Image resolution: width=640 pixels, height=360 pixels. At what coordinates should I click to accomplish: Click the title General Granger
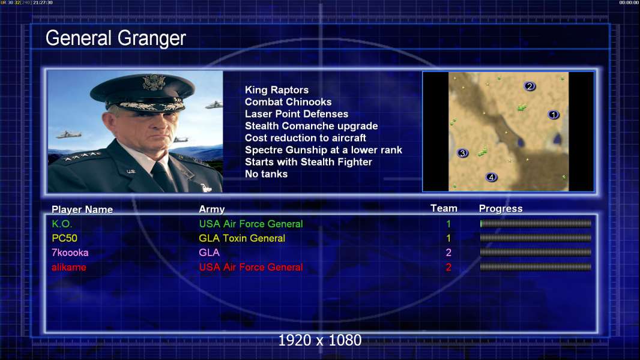pyautogui.click(x=115, y=38)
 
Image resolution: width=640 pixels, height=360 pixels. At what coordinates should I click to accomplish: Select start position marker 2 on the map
pyautogui.click(x=530, y=86)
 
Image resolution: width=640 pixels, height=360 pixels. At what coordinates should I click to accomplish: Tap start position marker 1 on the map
pyautogui.click(x=553, y=115)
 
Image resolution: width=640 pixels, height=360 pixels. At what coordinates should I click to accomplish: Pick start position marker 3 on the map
pyautogui.click(x=462, y=153)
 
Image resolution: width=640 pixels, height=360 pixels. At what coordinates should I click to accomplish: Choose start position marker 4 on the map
pyautogui.click(x=491, y=177)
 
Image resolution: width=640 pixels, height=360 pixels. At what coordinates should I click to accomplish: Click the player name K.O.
pyautogui.click(x=62, y=224)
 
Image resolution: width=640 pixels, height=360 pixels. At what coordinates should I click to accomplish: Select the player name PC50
pyautogui.click(x=64, y=238)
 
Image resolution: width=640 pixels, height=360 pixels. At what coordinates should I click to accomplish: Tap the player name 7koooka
pyautogui.click(x=70, y=253)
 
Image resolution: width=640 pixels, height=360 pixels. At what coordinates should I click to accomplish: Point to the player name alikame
pyautogui.click(x=68, y=268)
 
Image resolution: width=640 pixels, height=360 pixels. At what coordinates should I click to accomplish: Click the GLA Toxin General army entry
pyautogui.click(x=241, y=238)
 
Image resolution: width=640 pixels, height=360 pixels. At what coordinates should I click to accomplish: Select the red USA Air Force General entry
pyautogui.click(x=250, y=268)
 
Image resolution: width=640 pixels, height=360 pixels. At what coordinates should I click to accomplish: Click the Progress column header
pyautogui.click(x=500, y=208)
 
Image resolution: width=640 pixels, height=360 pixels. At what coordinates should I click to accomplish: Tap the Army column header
pyautogui.click(x=211, y=209)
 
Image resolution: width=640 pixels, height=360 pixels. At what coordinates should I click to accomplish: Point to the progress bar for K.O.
pyautogui.click(x=536, y=223)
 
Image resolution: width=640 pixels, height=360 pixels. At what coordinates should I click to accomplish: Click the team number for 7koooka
pyautogui.click(x=448, y=253)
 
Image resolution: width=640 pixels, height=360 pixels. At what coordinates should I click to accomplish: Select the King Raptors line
pyautogui.click(x=276, y=89)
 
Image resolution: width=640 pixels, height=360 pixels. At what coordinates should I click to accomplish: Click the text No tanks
pyautogui.click(x=266, y=174)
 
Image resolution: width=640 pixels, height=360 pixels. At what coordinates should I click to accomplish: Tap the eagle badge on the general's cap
pyautogui.click(x=154, y=82)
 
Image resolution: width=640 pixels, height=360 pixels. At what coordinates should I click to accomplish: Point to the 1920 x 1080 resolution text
pyautogui.click(x=319, y=340)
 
